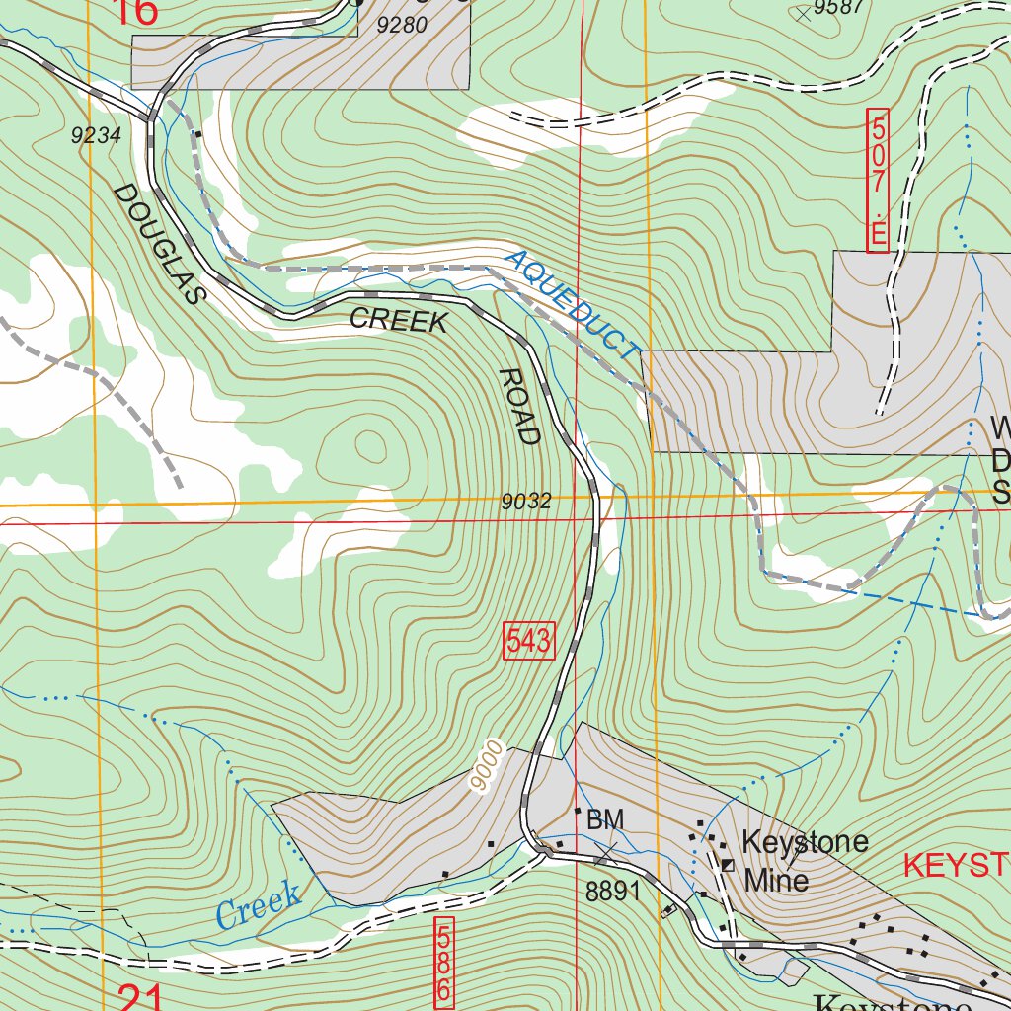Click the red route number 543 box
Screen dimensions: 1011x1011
click(x=529, y=642)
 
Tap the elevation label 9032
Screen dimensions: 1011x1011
click(x=525, y=502)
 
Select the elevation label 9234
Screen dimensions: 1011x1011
click(x=96, y=137)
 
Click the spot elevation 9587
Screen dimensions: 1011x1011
click(x=839, y=8)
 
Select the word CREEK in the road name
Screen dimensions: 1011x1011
click(x=399, y=320)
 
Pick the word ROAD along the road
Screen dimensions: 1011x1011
click(x=519, y=406)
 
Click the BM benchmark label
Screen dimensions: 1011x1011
click(x=605, y=819)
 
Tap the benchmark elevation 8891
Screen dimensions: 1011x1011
click(x=613, y=892)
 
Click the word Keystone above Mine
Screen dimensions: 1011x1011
click(x=805, y=842)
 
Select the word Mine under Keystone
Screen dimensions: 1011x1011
click(x=776, y=880)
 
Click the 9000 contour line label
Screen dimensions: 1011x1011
click(x=487, y=766)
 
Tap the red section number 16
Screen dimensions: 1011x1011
click(x=135, y=13)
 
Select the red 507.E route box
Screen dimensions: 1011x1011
click(x=878, y=180)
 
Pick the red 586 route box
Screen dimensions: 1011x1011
click(x=445, y=964)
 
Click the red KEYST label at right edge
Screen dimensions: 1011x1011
click(x=956, y=867)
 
